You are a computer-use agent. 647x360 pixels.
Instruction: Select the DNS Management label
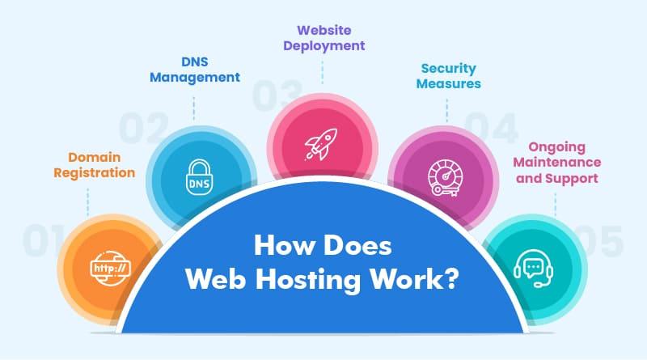point(195,69)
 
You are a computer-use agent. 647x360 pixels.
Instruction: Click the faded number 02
point(144,129)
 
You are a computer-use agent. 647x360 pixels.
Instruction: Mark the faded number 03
point(277,96)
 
